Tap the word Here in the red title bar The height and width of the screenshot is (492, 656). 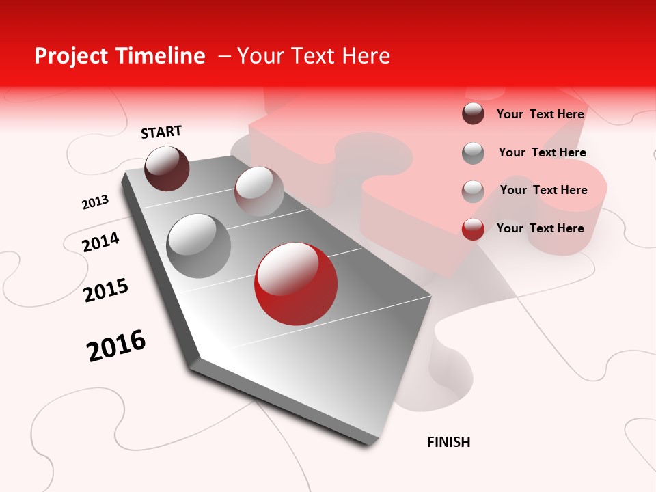(366, 56)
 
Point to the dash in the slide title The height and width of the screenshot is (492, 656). (224, 57)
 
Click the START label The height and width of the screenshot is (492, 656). (161, 132)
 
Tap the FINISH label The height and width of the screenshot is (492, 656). (448, 442)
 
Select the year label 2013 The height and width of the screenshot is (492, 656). (95, 202)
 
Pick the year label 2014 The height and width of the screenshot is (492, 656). (100, 242)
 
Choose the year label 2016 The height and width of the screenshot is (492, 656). (116, 346)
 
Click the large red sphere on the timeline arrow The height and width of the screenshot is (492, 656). (295, 284)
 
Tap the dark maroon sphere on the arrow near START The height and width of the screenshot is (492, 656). (167, 168)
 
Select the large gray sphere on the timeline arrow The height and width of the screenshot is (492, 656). (198, 246)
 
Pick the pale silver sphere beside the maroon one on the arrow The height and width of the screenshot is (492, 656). (259, 191)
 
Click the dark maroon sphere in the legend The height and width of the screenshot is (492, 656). (473, 113)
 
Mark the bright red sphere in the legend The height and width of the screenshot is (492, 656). (473, 229)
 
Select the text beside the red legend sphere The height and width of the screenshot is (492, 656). (540, 228)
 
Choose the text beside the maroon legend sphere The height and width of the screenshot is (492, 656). (540, 114)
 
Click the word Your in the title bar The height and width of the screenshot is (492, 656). (262, 56)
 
